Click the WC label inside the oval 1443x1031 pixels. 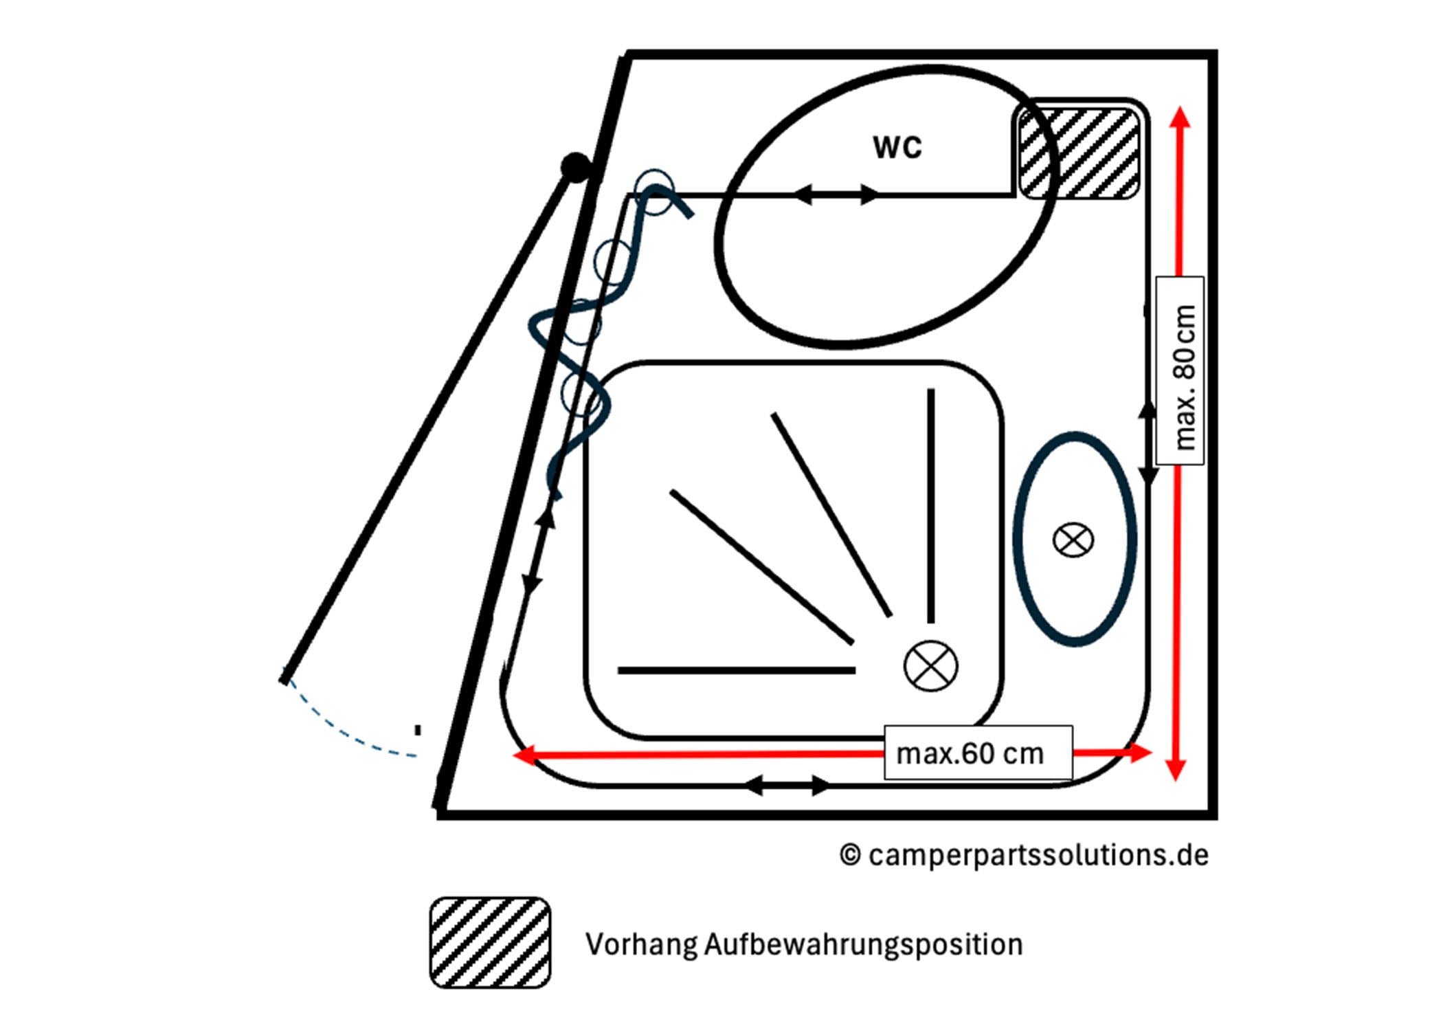pyautogui.click(x=897, y=147)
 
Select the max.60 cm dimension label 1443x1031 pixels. pyautogui.click(x=970, y=754)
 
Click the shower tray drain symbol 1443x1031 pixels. pyautogui.click(x=930, y=666)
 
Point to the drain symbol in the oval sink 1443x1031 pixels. pyautogui.click(x=1073, y=540)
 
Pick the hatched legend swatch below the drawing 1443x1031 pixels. pyautogui.click(x=490, y=942)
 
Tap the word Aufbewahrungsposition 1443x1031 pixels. pyautogui.click(x=863, y=945)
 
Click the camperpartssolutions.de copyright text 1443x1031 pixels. pyautogui.click(x=1024, y=855)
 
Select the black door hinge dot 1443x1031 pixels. pyautogui.click(x=575, y=167)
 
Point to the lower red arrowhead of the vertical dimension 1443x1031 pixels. pyautogui.click(x=1176, y=770)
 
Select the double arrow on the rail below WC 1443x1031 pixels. pyautogui.click(x=836, y=195)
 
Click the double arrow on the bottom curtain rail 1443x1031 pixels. pyautogui.click(x=787, y=785)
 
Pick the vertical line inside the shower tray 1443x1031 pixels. pyautogui.click(x=930, y=506)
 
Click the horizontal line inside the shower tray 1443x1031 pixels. pyautogui.click(x=736, y=670)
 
